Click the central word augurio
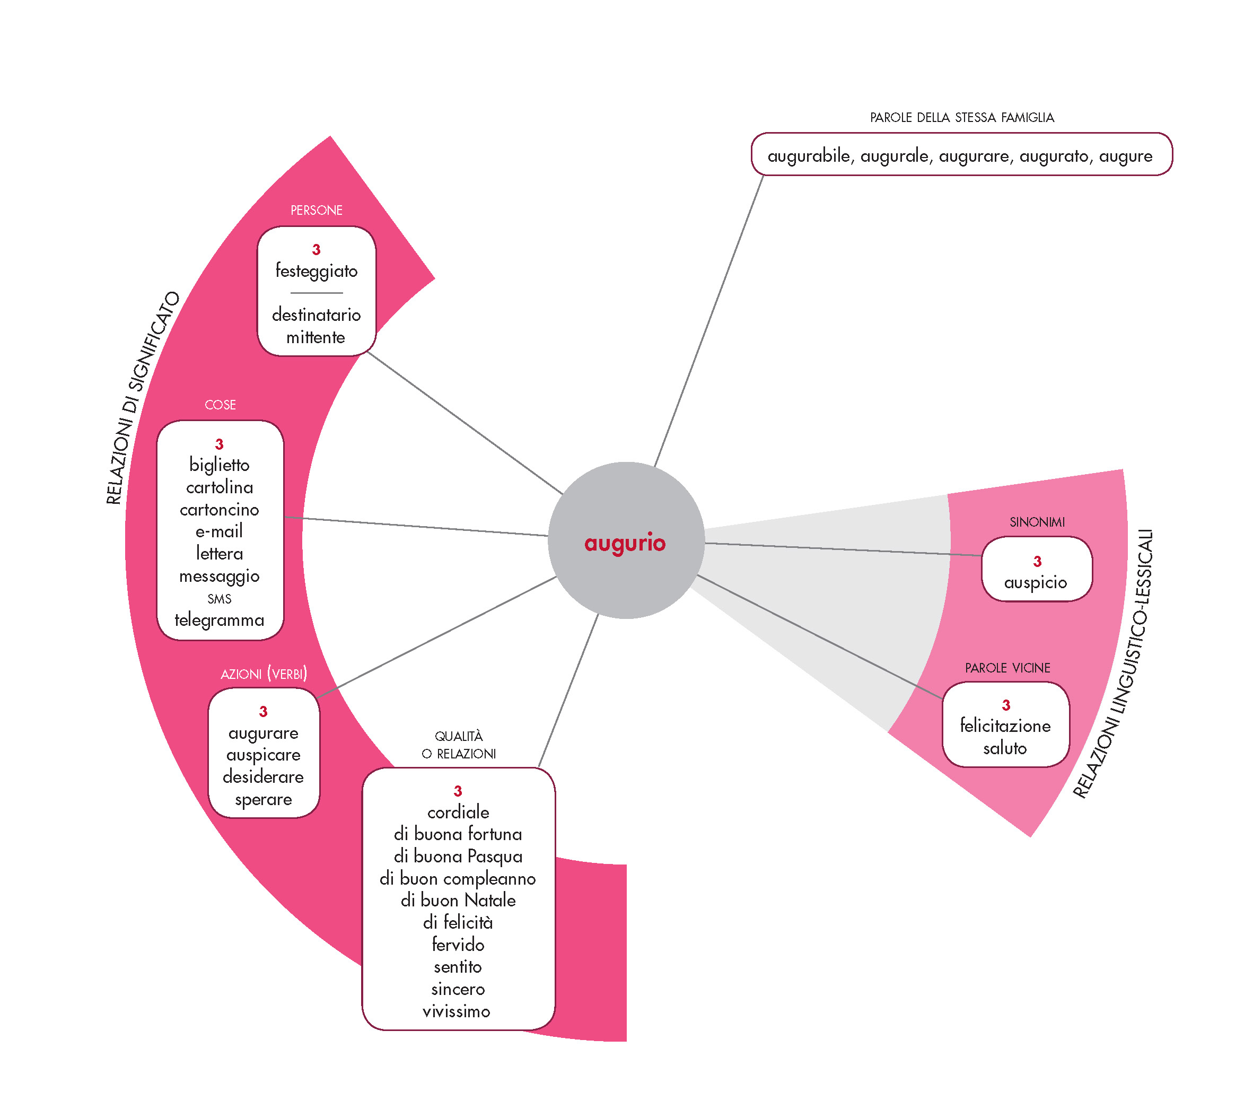625,543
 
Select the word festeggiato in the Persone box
317,271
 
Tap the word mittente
316,337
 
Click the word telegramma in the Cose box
220,620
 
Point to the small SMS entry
220,599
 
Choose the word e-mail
220,531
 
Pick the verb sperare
264,799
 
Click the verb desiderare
264,778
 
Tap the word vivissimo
457,1011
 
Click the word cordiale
459,813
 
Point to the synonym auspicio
1036,582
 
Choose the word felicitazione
1005,726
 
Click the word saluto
1005,748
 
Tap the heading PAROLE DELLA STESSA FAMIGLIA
962,118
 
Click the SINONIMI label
1037,522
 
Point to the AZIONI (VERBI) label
264,674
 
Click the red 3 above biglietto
220,444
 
